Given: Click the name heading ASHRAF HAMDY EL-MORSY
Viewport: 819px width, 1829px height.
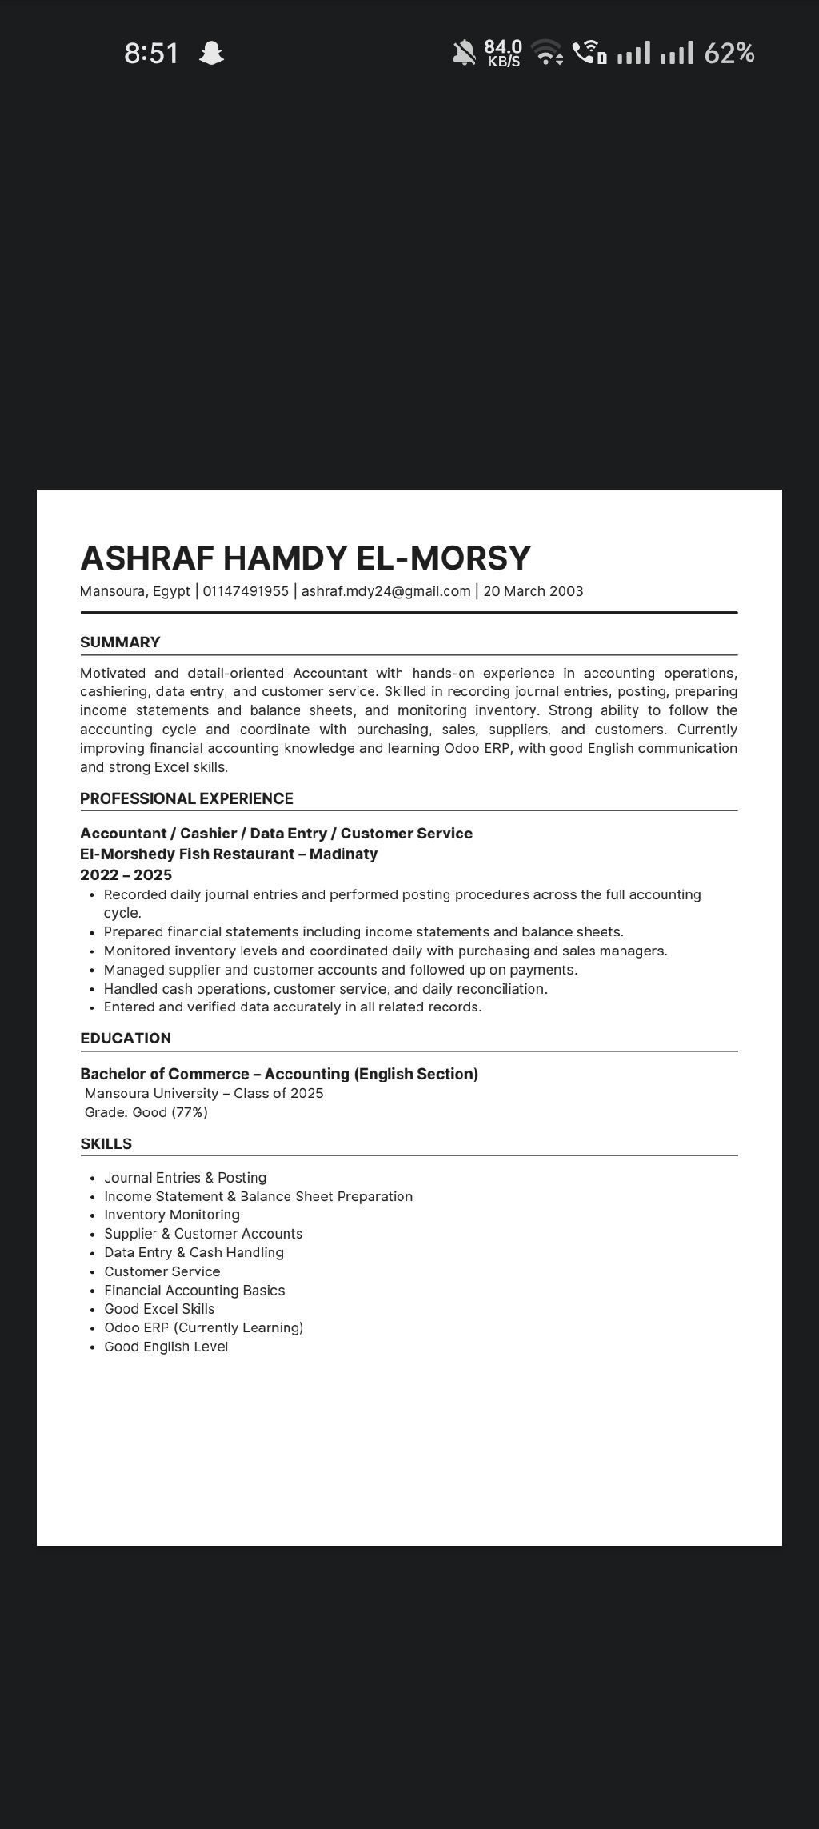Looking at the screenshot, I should pyautogui.click(x=306, y=558).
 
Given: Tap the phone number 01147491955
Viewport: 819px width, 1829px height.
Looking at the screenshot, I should pyautogui.click(x=246, y=591).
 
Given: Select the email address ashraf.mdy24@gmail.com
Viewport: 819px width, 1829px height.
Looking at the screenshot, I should pyautogui.click(x=386, y=591).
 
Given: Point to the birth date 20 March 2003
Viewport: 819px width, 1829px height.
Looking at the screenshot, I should pyautogui.click(x=533, y=591).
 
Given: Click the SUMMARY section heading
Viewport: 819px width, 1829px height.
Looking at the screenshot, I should pyautogui.click(x=120, y=642).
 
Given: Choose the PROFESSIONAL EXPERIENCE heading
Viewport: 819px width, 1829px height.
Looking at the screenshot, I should pyautogui.click(x=186, y=798).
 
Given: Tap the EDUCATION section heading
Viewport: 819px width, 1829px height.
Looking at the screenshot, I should pyautogui.click(x=126, y=1038).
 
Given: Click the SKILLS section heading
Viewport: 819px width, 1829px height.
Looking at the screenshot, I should pyautogui.click(x=106, y=1143).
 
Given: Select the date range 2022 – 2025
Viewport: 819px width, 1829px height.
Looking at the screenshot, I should pyautogui.click(x=126, y=874).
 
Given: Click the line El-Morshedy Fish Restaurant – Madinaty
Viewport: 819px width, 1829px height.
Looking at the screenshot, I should pyautogui.click(x=229, y=854).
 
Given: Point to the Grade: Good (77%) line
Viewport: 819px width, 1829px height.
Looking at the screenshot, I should pyautogui.click(x=146, y=1112).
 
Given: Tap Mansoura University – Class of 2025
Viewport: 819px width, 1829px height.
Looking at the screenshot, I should pyautogui.click(x=204, y=1093).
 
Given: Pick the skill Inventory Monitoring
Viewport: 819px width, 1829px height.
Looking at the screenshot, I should pyautogui.click(x=172, y=1215).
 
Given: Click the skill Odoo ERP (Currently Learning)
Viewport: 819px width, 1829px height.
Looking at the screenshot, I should pyautogui.click(x=204, y=1327).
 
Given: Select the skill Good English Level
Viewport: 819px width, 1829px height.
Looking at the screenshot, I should pyautogui.click(x=166, y=1347).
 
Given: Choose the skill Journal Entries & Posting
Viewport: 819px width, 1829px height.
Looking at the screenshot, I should pyautogui.click(x=186, y=1178).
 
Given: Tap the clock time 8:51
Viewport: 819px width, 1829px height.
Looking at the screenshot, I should pyautogui.click(x=151, y=54).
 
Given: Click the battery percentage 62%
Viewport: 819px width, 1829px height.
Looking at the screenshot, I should pyautogui.click(x=729, y=54).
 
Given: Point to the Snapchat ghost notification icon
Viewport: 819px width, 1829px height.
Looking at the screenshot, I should pyautogui.click(x=211, y=54).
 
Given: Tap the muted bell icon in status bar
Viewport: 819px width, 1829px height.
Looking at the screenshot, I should pyautogui.click(x=464, y=54).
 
